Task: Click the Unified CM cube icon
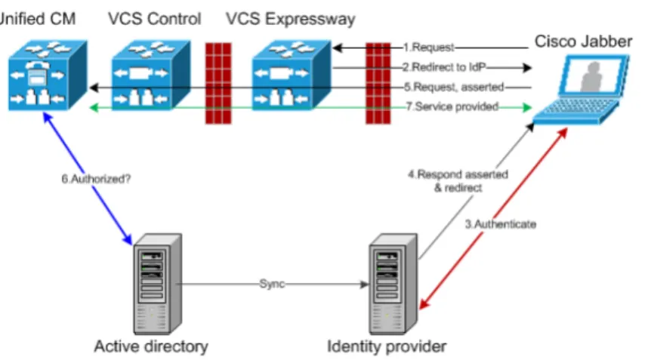point(48,75)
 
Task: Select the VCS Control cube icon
point(151,75)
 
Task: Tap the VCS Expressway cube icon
point(292,75)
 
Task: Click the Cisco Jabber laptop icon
point(581,90)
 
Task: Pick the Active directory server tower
point(158,284)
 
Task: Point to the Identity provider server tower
point(393,284)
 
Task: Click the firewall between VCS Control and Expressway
point(218,83)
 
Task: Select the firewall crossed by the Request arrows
point(378,83)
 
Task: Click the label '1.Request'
point(428,48)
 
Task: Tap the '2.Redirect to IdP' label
point(444,67)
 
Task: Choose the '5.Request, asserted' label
point(454,87)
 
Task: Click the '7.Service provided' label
point(452,106)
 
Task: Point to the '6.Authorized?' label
point(96,179)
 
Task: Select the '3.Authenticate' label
point(501,224)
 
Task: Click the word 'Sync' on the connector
point(272,284)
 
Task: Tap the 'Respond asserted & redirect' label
point(458,181)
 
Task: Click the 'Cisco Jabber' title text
point(583,42)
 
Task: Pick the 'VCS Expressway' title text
point(291,19)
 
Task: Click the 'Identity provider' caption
point(387,346)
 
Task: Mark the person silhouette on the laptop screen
point(592,77)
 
